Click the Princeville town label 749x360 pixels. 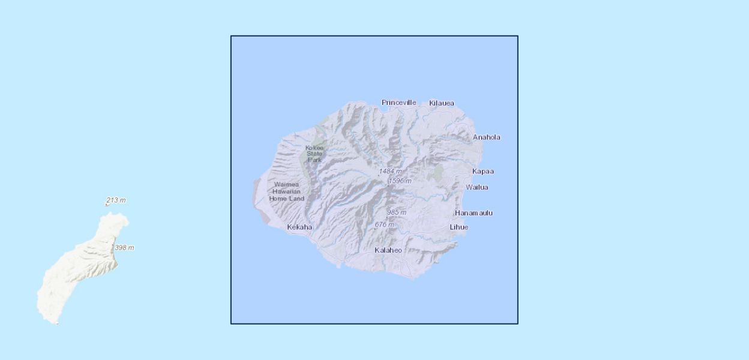[399, 103]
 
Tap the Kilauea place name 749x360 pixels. [441, 103]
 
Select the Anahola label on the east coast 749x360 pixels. [486, 137]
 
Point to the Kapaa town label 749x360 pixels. [483, 172]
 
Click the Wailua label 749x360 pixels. [477, 187]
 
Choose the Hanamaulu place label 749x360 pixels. [474, 213]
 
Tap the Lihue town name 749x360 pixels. [459, 227]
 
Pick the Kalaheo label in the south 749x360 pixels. [388, 250]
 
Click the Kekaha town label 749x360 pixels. [299, 227]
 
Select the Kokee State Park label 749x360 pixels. [314, 154]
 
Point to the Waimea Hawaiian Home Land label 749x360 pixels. [287, 191]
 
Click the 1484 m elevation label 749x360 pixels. [390, 172]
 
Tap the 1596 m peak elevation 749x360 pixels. [400, 181]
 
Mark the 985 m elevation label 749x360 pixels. [396, 212]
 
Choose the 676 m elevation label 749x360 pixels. [384, 224]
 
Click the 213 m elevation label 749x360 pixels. [116, 200]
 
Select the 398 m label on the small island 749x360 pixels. [124, 248]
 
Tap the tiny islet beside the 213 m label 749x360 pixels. [107, 205]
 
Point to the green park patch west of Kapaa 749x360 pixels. [437, 173]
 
